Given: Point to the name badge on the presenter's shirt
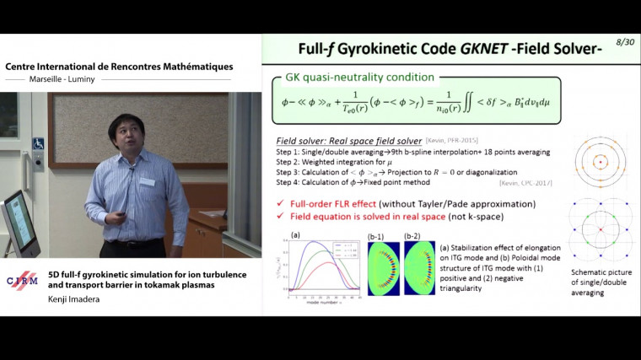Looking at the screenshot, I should pyautogui.click(x=148, y=182).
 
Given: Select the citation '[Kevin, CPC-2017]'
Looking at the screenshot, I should pyautogui.click(x=523, y=181).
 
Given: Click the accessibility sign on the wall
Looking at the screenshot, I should pyautogui.click(x=37, y=143).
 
